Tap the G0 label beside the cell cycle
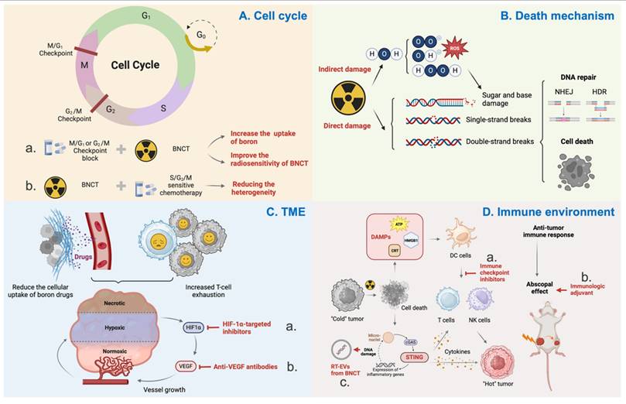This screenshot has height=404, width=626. click(201, 36)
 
